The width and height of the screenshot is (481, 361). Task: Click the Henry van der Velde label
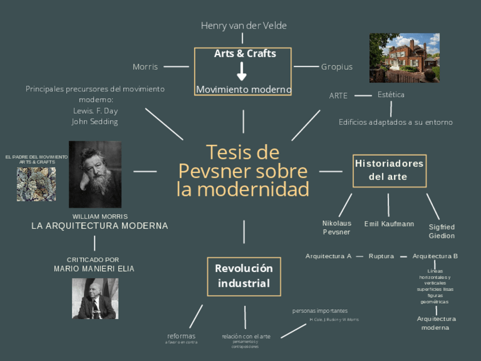point(243,26)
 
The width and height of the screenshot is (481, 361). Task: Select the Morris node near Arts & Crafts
point(145,67)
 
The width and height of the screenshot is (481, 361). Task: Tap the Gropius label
point(337,67)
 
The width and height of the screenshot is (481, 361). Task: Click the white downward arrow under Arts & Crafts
point(242,72)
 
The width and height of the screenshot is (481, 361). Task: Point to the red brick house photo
point(404,57)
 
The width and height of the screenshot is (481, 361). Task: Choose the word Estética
point(391,95)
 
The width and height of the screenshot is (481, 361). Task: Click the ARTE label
point(338,96)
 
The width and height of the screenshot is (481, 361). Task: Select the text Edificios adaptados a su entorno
point(395,122)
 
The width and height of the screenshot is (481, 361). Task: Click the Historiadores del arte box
point(389,170)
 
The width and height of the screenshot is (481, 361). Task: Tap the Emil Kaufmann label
point(389,224)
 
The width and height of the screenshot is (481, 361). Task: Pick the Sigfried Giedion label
point(441,231)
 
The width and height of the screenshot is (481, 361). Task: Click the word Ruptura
point(381,256)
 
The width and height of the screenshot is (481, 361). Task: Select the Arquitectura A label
point(328,256)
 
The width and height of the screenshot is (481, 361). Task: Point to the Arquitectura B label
point(435,256)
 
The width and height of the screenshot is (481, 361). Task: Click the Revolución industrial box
point(244,276)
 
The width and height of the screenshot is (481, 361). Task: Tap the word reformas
point(182,336)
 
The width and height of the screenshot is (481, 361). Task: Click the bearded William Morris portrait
point(95,174)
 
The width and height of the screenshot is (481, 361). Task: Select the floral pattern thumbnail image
point(36,184)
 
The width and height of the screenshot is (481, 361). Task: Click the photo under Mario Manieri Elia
point(95,298)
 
